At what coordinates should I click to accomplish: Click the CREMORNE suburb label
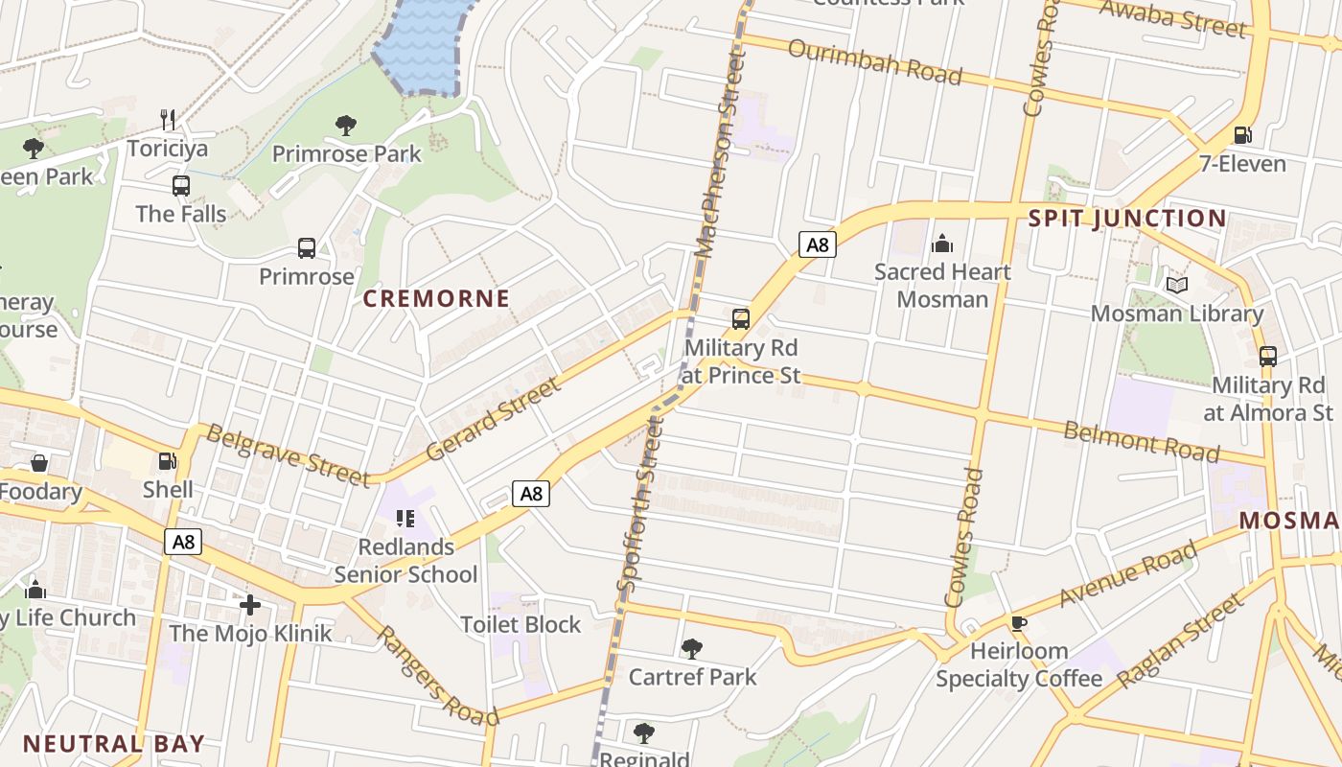[436, 298]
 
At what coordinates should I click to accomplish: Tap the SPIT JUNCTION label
[1126, 219]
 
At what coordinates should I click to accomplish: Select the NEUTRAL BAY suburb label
[113, 744]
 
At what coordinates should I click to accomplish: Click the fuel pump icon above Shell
[168, 462]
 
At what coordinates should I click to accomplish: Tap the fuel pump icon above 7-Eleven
[1242, 135]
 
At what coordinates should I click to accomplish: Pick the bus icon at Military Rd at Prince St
[741, 319]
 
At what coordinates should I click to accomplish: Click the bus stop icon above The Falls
[181, 186]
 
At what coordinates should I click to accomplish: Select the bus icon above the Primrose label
[307, 248]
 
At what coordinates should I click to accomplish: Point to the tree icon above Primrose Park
[346, 125]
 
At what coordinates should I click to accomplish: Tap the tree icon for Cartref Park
[691, 649]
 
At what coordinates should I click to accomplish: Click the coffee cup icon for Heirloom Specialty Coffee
[1018, 623]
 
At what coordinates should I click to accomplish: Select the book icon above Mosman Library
[1177, 285]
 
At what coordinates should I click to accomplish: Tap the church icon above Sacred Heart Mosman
[942, 244]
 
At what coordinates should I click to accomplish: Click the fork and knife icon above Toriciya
[169, 120]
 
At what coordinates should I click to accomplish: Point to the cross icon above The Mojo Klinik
[250, 605]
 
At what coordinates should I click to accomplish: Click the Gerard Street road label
[493, 419]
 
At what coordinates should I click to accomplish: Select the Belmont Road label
[1141, 441]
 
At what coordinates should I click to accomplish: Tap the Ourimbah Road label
[874, 61]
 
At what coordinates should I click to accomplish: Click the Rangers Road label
[437, 676]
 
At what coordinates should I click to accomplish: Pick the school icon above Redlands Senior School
[405, 519]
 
